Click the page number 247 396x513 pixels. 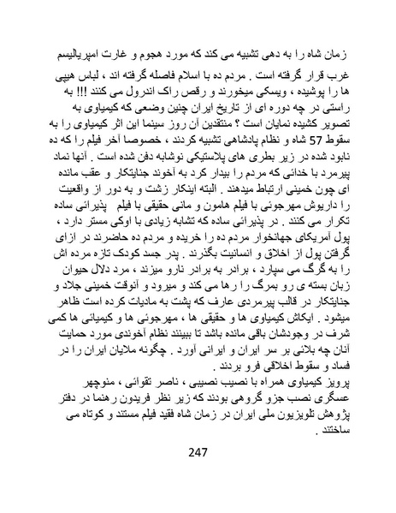tap(198, 477)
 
